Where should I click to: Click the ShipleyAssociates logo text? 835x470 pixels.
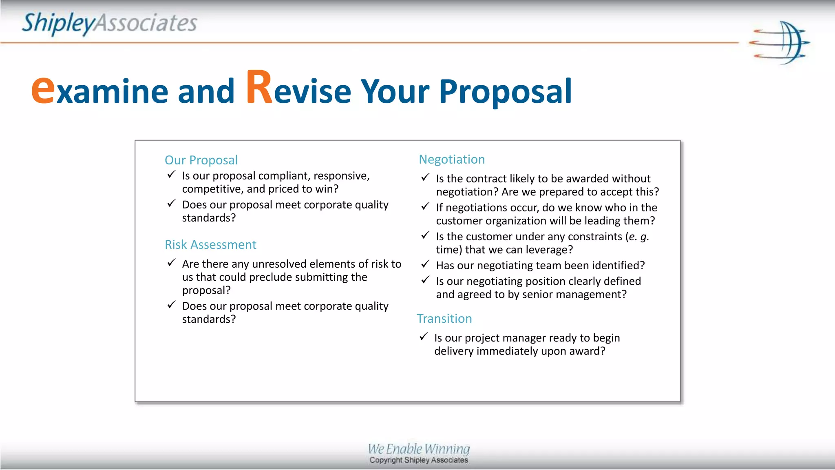[109, 23]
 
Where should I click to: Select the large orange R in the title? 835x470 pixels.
[259, 88]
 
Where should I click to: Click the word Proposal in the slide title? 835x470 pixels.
[505, 92]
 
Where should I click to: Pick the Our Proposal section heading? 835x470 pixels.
[201, 160]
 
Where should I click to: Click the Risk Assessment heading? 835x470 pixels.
[210, 244]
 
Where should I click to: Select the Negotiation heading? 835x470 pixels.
[452, 159]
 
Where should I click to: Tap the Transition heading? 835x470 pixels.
[444, 318]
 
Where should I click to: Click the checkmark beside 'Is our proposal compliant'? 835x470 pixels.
[172, 175]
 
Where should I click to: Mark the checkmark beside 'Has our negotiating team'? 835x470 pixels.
[426, 264]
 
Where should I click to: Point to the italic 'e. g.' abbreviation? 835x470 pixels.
[638, 237]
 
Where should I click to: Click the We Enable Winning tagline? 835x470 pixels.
[419, 449]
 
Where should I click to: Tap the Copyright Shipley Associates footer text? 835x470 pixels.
[419, 460]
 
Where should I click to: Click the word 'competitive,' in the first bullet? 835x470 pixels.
[213, 189]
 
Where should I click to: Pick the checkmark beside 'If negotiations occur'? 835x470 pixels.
[426, 206]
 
